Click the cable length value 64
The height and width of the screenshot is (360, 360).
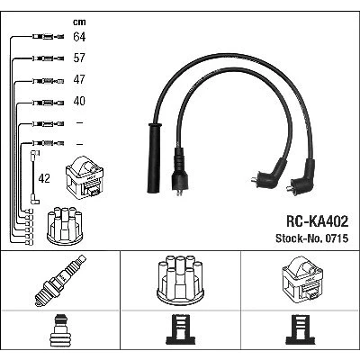click(79, 37)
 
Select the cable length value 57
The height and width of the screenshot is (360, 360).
click(79, 58)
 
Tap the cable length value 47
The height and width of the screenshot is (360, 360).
click(79, 79)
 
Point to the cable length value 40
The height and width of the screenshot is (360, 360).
click(79, 101)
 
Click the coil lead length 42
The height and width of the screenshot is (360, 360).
click(44, 178)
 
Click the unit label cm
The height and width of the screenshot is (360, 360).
click(79, 22)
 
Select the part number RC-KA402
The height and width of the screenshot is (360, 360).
click(317, 221)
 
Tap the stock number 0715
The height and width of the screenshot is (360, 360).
click(336, 238)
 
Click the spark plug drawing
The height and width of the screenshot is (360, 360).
click(60, 281)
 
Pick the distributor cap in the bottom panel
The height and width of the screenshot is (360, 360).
click(180, 280)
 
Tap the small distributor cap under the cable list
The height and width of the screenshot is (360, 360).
click(65, 226)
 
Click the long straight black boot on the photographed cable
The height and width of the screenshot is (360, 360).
click(154, 157)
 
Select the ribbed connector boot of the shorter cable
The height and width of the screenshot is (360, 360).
click(179, 170)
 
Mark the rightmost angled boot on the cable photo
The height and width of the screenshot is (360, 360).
click(302, 177)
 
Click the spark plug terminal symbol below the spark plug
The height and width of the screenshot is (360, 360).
click(60, 330)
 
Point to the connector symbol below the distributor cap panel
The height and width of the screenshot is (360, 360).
click(180, 329)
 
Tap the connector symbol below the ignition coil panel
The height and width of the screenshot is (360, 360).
click(301, 329)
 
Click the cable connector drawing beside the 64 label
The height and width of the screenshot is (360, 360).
click(48, 37)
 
